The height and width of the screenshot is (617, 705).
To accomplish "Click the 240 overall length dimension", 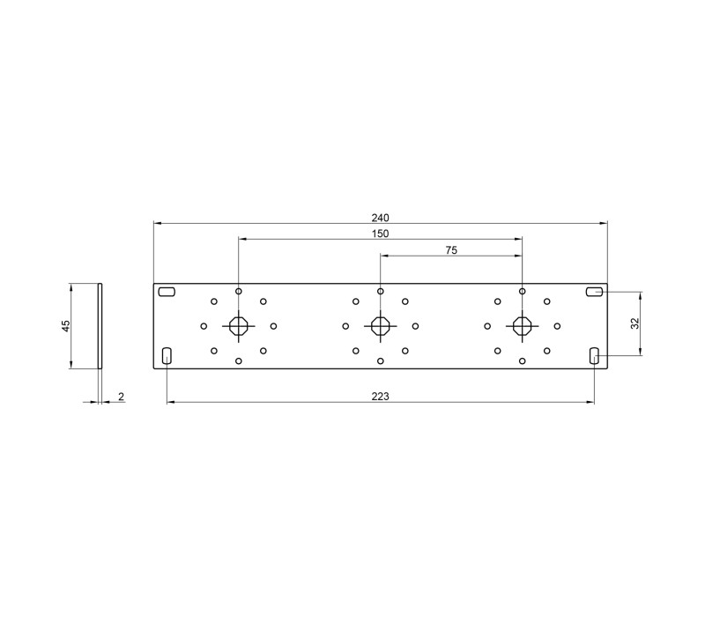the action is (x=380, y=218).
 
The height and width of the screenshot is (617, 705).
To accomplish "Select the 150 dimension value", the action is (x=380, y=234).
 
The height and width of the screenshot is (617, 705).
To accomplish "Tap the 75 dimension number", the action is (x=451, y=250).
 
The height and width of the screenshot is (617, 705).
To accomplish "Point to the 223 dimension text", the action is (x=380, y=396).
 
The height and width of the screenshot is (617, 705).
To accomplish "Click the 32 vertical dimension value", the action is (x=634, y=323).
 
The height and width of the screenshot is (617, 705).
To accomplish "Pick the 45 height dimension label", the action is (x=66, y=325).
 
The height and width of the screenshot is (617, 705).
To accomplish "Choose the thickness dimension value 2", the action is (x=121, y=396).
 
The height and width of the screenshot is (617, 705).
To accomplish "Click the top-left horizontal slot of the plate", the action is (x=167, y=293).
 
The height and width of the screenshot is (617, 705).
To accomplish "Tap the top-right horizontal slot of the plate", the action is (x=594, y=293).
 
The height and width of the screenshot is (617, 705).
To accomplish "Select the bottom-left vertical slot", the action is (x=167, y=356).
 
